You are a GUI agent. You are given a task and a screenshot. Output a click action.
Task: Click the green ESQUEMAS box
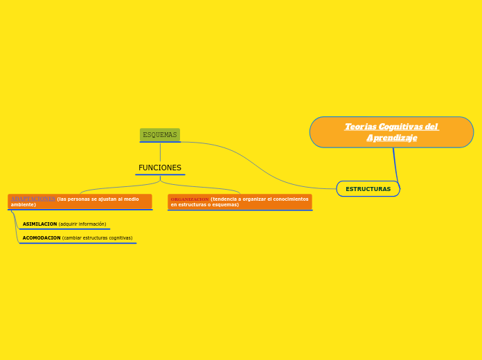[x=160, y=134]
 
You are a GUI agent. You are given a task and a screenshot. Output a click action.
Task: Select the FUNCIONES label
[x=160, y=168]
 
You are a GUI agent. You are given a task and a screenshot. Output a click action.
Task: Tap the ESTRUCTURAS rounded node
[x=368, y=189]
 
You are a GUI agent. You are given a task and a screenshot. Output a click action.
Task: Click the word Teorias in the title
[x=360, y=127]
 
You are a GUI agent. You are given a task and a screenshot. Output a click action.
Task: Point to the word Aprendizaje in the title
[x=392, y=138]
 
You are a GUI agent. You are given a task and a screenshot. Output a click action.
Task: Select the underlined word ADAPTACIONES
[x=33, y=199]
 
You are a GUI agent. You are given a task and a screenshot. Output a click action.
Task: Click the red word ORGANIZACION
[x=190, y=199]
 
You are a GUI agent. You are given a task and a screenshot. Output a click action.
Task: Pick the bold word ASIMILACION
[x=39, y=224]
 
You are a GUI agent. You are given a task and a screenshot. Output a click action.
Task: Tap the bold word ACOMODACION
[x=42, y=238]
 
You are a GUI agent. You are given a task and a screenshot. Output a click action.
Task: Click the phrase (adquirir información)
[x=82, y=224]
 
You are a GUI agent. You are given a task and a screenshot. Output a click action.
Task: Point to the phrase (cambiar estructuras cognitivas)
[x=98, y=238]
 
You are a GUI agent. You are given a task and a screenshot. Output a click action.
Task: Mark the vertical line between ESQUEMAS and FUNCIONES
[x=160, y=152]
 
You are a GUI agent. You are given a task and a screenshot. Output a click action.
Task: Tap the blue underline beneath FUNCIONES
[x=160, y=174]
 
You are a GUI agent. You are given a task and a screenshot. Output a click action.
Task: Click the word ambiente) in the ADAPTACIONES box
[x=24, y=205]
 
